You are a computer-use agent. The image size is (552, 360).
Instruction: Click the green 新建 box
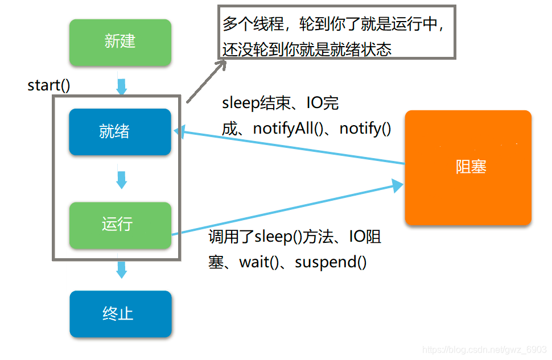[x=120, y=42]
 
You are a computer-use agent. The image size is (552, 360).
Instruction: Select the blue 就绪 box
[x=120, y=132]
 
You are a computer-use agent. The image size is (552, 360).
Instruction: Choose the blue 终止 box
[x=120, y=314]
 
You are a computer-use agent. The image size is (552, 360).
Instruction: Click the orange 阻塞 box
[x=468, y=167]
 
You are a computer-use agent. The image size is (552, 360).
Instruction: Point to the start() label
[x=49, y=85]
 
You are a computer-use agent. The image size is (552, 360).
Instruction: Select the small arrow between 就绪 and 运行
[x=121, y=179]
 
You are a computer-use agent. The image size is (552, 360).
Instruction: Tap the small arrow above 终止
[x=121, y=269]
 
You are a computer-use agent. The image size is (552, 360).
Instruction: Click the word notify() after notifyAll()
[x=365, y=129]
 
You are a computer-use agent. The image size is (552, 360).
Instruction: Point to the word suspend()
[x=331, y=262]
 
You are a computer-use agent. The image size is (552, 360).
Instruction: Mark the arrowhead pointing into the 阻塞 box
[x=397, y=185]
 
